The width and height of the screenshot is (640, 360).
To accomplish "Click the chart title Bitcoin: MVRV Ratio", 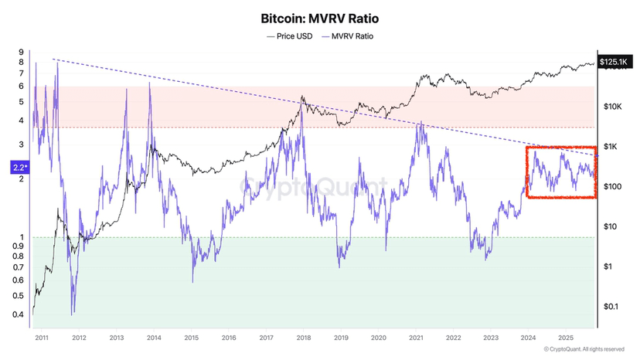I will (319, 17).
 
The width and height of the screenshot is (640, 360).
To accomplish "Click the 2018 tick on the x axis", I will (304, 338).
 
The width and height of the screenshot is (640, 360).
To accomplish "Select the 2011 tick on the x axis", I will (42, 338).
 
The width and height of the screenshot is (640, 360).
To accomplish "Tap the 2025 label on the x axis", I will (566, 338).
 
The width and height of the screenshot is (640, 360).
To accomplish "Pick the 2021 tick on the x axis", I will (416, 338).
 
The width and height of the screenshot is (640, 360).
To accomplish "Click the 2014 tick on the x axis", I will (154, 338).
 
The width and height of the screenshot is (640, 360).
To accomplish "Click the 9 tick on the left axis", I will (22, 53).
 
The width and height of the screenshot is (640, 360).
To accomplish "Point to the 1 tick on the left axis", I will (22, 237).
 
